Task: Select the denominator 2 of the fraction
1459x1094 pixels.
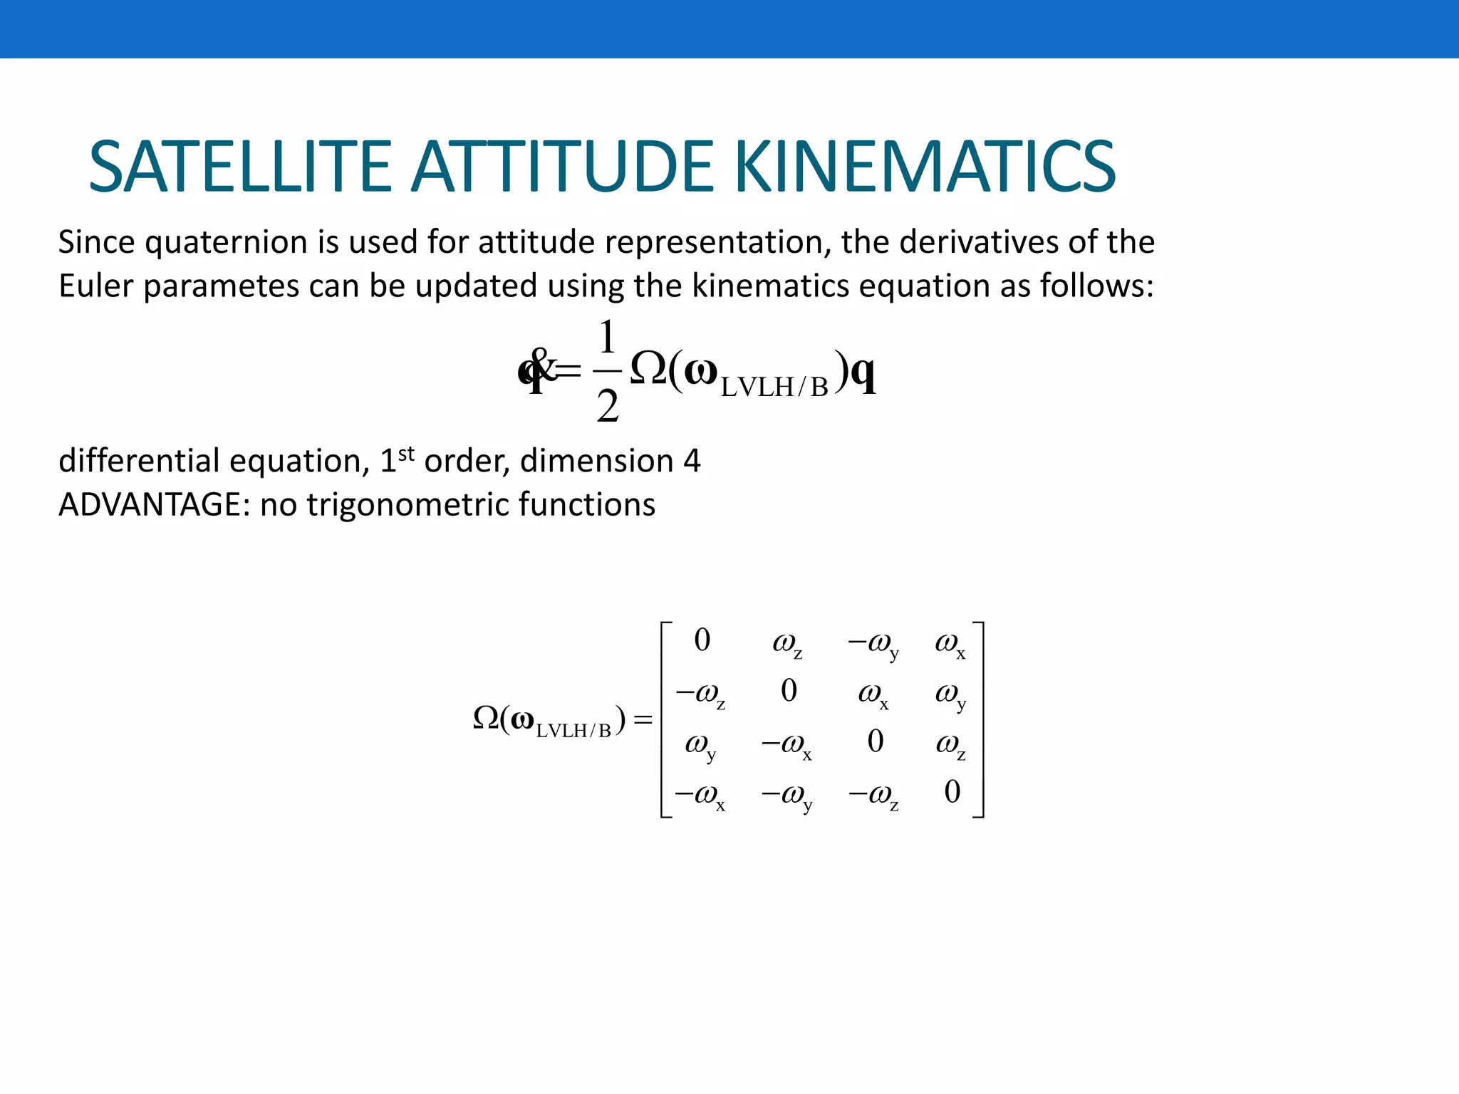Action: (x=607, y=407)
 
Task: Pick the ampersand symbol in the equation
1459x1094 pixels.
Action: (x=543, y=365)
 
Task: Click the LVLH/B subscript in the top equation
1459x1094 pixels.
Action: (x=774, y=387)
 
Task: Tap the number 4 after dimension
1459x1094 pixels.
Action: (x=692, y=461)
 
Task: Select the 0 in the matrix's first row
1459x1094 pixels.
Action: (x=702, y=640)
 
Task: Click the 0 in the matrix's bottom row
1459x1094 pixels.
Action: (x=952, y=791)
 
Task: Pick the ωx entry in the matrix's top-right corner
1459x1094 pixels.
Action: (x=950, y=644)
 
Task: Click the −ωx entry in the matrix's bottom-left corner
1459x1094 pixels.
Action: (x=700, y=795)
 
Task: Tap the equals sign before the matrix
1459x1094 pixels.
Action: (x=643, y=720)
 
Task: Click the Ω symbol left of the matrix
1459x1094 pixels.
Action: (x=486, y=718)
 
